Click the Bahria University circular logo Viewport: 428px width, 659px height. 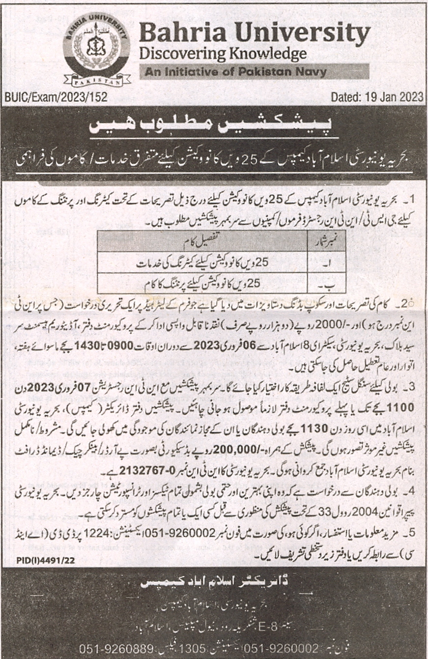pos(96,49)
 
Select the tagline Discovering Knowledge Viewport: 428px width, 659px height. pos(223,53)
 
